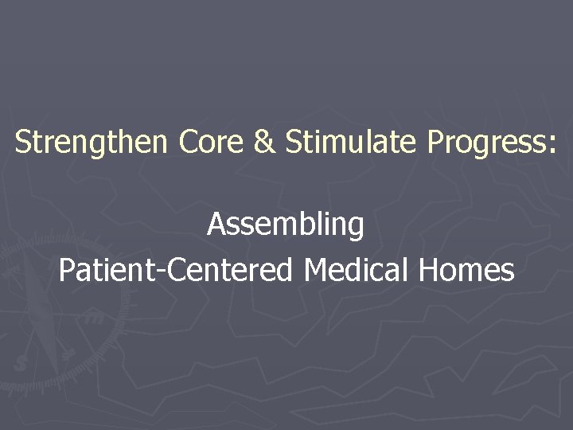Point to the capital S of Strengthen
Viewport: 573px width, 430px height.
23,143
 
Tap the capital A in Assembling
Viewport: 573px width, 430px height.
216,225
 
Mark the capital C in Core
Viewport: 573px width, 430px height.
189,143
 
